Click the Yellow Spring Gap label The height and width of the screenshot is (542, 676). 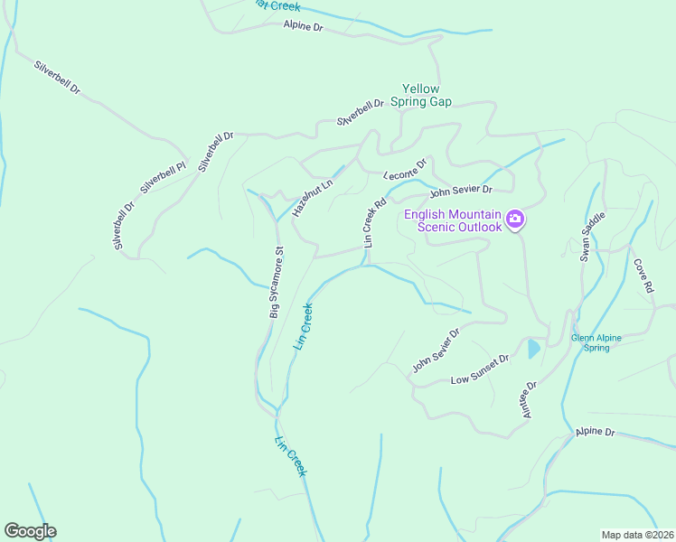click(x=421, y=96)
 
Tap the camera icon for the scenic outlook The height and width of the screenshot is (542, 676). click(x=515, y=220)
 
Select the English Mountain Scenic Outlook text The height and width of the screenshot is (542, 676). click(x=452, y=220)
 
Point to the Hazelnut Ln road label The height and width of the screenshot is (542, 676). click(x=313, y=196)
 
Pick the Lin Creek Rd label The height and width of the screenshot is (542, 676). click(x=374, y=223)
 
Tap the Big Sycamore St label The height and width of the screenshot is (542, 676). click(x=277, y=282)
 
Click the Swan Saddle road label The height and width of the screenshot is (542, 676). click(x=591, y=237)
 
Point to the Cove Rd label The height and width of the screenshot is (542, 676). click(x=643, y=277)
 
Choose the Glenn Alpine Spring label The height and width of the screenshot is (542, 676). click(x=596, y=342)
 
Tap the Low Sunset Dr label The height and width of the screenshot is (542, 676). click(x=480, y=369)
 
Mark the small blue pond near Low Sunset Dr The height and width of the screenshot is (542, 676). click(x=533, y=349)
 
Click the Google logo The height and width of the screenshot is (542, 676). click(x=30, y=531)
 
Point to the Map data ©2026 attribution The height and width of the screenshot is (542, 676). click(x=636, y=535)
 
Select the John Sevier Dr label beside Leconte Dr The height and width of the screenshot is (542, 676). click(x=460, y=191)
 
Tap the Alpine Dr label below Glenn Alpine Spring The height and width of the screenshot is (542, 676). click(x=595, y=434)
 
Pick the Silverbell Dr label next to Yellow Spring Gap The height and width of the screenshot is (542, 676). click(x=361, y=113)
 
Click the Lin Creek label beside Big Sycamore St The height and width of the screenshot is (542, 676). click(x=304, y=326)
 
